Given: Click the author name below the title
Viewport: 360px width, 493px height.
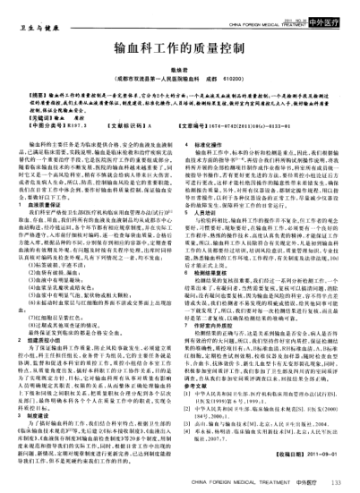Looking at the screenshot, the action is click(179, 68).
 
